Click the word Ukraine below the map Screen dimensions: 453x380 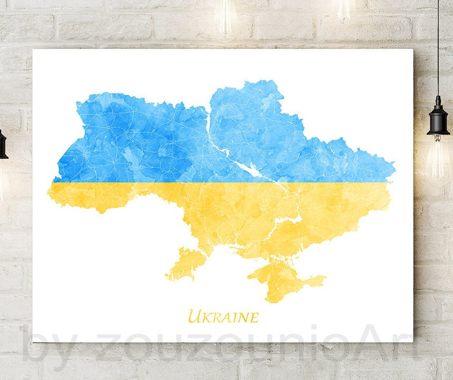point(223,317)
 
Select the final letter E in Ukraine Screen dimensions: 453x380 point(254,318)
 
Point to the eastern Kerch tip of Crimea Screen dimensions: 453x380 point(323,278)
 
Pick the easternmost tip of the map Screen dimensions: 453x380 point(395,169)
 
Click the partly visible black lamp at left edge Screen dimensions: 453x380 point(3,145)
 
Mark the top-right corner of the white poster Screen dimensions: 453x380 point(413,49)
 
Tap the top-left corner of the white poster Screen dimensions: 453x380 point(33,49)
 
